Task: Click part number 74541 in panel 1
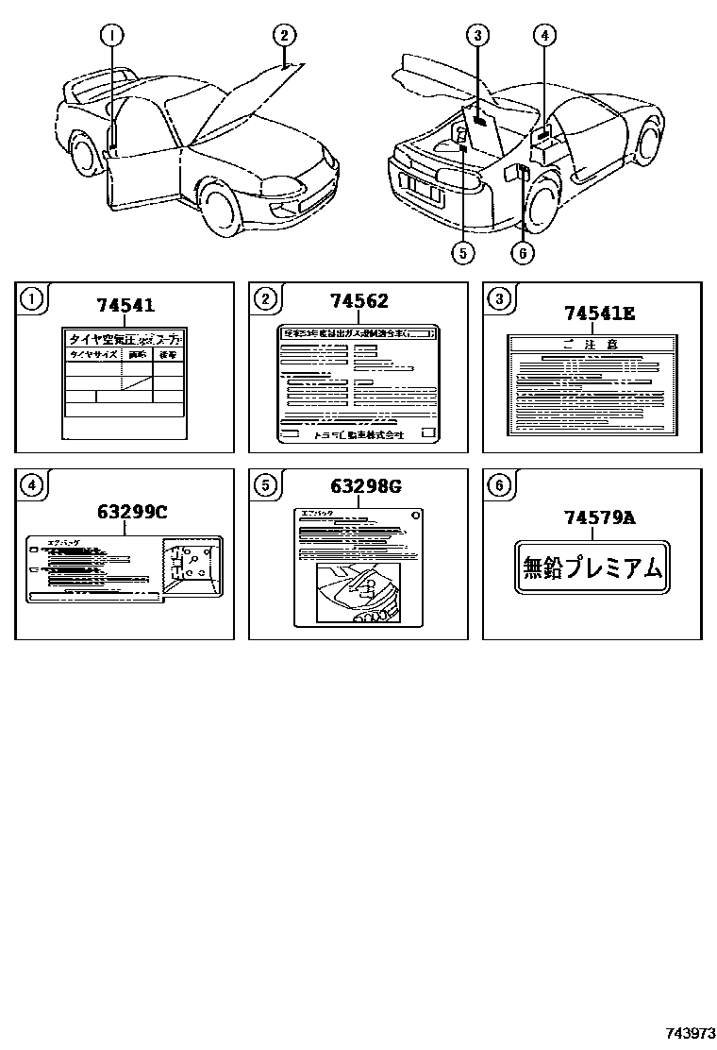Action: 125,306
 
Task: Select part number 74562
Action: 358,302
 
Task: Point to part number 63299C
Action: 131,512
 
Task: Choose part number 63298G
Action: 365,487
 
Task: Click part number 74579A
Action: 600,517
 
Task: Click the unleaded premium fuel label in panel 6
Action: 592,568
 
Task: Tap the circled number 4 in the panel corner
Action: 32,486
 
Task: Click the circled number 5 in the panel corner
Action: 266,486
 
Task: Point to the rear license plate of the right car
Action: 423,191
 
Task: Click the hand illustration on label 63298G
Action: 358,593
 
